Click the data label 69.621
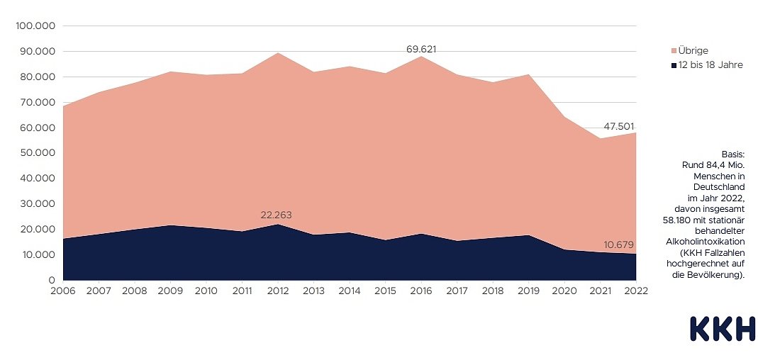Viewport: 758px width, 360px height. pyautogui.click(x=420, y=50)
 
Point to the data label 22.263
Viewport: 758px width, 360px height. pyautogui.click(x=277, y=215)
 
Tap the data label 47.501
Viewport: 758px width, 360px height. pyautogui.click(x=619, y=127)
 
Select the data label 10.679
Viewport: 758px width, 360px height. pyautogui.click(x=619, y=245)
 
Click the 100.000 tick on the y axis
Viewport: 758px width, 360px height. pyautogui.click(x=35, y=26)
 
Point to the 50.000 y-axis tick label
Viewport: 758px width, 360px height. pyautogui.click(x=35, y=153)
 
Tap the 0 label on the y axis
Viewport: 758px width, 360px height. pyautogui.click(x=52, y=280)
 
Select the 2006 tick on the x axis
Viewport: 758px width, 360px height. pyautogui.click(x=63, y=291)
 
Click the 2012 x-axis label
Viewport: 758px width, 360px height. pyautogui.click(x=277, y=291)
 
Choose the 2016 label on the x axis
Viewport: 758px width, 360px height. pyautogui.click(x=420, y=291)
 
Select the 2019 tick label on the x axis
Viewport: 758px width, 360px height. pyautogui.click(x=528, y=291)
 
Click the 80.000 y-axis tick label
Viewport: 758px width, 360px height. pyautogui.click(x=35, y=77)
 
